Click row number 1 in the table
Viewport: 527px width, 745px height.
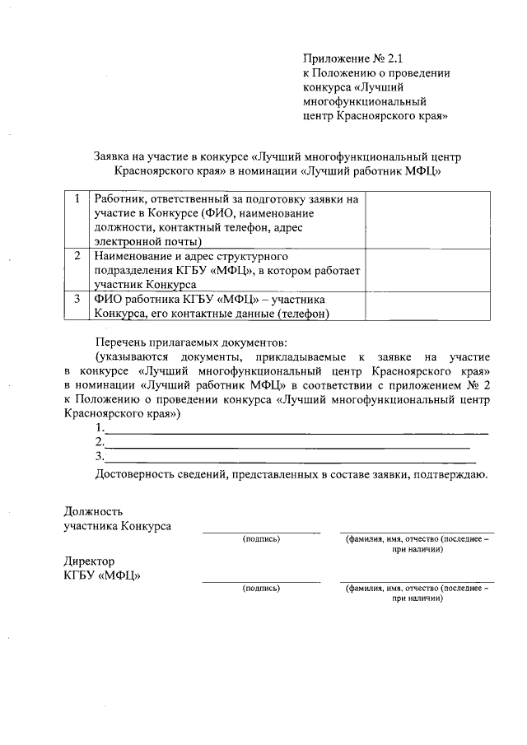tap(77, 199)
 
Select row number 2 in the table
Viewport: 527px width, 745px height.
tap(77, 256)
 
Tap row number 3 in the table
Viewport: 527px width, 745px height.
tap(77, 299)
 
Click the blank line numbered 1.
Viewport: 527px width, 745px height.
tap(296, 432)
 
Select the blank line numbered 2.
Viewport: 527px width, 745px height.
tap(288, 446)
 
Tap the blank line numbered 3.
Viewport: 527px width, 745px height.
tap(288, 460)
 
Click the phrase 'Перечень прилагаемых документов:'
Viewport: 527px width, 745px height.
tap(193, 341)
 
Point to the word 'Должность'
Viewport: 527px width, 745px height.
tap(93, 511)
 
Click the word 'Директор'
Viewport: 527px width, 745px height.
tap(90, 561)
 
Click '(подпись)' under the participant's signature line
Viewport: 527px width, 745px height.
tap(261, 539)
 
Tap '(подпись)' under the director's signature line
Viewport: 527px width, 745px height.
tap(261, 589)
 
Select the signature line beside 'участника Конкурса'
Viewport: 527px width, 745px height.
tap(261, 532)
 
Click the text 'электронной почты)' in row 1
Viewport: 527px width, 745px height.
tap(147, 242)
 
